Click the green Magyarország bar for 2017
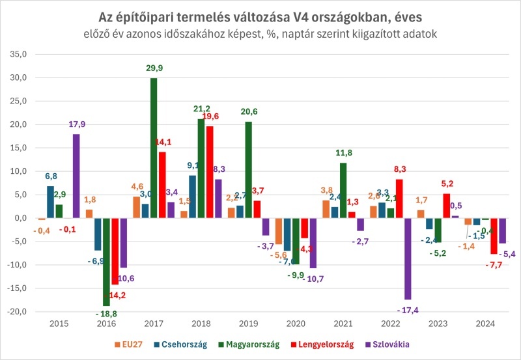pos(154,148)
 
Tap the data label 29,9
pos(154,68)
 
